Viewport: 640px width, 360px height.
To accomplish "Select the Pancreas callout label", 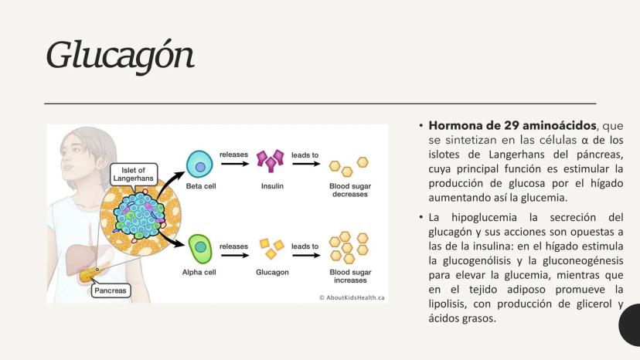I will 111,291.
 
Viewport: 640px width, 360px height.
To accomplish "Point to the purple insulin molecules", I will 271,163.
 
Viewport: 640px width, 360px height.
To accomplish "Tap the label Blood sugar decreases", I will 349,190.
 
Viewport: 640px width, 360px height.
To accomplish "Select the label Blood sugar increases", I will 350,277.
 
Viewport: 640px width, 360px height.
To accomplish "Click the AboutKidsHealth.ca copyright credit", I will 352,297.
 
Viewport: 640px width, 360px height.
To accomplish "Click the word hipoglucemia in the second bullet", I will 485,217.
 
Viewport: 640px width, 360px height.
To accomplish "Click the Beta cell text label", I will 199,186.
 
